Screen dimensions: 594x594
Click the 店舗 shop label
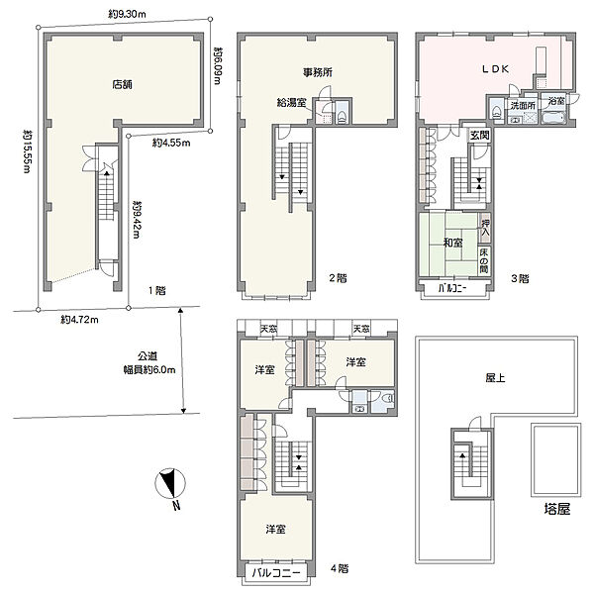(x=122, y=84)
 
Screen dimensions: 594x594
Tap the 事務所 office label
(x=318, y=72)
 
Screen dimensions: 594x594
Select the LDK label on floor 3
(x=495, y=69)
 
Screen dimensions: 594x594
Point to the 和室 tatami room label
(x=453, y=243)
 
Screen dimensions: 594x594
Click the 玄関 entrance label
(x=479, y=136)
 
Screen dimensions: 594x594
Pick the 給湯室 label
(x=291, y=102)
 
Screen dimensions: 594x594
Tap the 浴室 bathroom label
(x=556, y=101)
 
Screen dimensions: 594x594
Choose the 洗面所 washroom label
(x=523, y=106)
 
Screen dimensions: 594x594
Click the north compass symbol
(x=170, y=485)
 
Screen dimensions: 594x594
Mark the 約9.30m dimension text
(x=127, y=15)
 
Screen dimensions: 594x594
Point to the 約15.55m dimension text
(x=28, y=151)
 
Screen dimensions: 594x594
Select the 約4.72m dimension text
(x=79, y=320)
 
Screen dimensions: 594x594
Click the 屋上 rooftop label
(x=495, y=378)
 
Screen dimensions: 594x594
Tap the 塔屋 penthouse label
(x=556, y=509)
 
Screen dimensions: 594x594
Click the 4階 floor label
(x=340, y=568)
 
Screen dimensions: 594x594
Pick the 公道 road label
(x=148, y=356)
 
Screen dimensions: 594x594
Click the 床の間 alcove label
(x=484, y=260)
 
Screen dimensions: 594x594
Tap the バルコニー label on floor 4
(x=276, y=572)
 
